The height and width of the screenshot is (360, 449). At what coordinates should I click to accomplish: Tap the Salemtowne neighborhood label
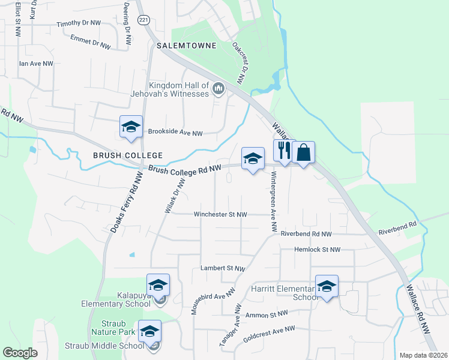181,46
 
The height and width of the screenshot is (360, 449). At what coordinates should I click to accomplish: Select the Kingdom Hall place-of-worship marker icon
218,90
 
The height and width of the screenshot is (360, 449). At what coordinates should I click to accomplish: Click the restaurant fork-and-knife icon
284,152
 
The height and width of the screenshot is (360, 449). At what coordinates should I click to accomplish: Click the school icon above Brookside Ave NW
131,127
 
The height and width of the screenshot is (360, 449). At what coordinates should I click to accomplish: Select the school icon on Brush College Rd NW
253,158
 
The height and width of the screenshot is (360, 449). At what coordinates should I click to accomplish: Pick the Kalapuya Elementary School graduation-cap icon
158,285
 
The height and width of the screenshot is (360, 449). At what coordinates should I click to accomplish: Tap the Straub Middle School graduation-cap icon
150,331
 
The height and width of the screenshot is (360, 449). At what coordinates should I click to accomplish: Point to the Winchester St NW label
220,214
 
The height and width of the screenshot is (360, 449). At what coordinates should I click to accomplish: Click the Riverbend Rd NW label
306,234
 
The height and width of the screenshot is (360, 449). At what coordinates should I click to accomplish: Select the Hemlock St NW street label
317,250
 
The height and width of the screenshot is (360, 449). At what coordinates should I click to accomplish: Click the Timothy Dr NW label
79,23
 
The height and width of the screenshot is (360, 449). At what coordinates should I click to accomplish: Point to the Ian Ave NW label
36,63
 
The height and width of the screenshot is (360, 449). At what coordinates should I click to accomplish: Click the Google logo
20,353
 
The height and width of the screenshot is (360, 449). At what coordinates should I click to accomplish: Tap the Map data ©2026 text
423,355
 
